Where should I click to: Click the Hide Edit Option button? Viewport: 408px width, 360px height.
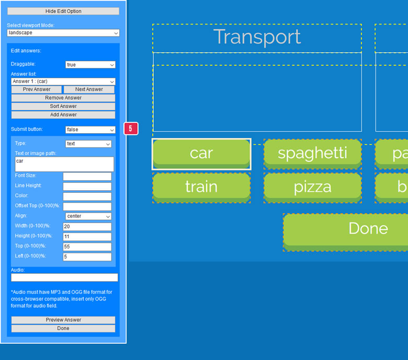[x=63, y=11]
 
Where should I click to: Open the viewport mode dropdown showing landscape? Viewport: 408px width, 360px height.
[x=63, y=33]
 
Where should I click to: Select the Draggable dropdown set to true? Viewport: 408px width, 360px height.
[x=90, y=65]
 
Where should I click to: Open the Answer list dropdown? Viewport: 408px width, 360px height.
[x=63, y=82]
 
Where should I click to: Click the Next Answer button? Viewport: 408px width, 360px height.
[x=89, y=89]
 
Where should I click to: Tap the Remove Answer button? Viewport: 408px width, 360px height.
[x=63, y=98]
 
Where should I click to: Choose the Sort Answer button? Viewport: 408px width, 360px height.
[x=63, y=106]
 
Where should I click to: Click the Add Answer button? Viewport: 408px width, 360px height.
[x=63, y=114]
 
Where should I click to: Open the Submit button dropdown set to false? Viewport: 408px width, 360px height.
[x=90, y=130]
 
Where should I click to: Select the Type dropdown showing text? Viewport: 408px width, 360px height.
[x=88, y=144]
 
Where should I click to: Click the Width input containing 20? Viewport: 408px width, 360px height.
[x=87, y=227]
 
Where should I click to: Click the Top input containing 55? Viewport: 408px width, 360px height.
[x=87, y=247]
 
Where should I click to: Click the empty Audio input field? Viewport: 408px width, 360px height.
[x=64, y=277]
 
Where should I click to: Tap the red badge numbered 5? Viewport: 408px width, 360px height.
[x=131, y=129]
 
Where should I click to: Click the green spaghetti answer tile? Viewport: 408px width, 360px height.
[x=312, y=153]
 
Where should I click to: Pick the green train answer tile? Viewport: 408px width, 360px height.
[x=201, y=187]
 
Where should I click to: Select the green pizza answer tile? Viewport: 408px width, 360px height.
[x=312, y=187]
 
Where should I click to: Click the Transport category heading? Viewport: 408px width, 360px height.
[x=257, y=38]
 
